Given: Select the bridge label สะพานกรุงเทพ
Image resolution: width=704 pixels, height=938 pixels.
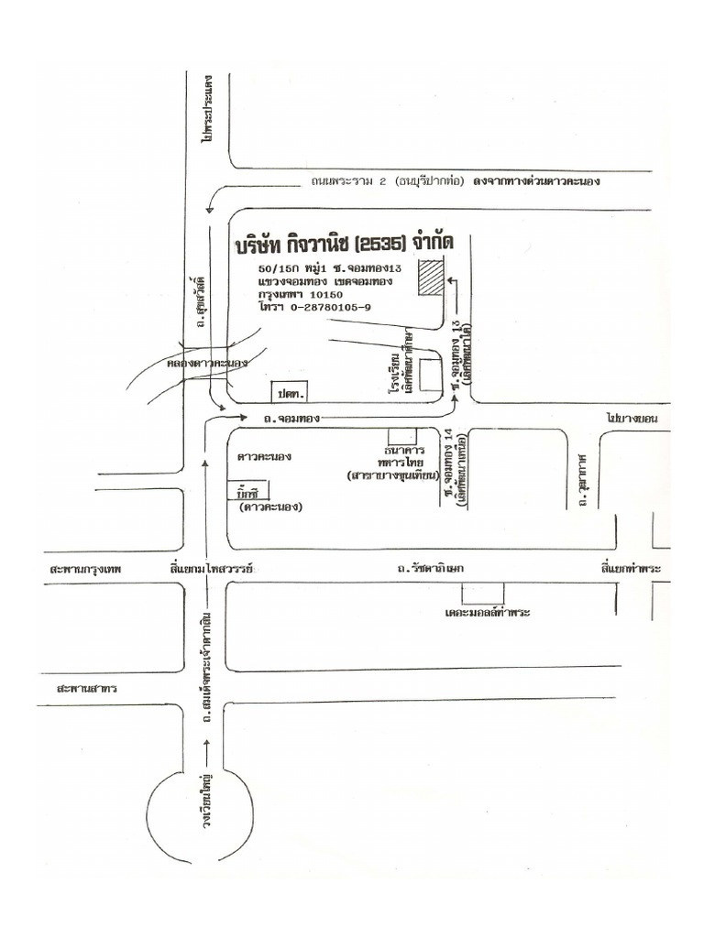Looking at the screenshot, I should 88,570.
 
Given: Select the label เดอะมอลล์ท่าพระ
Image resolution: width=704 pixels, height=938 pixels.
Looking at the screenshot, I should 488,610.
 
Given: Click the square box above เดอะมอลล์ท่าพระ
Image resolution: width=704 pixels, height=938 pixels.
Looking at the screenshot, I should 482,591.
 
